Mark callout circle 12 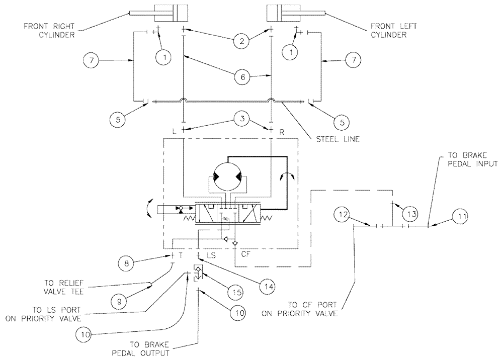coord(342,215)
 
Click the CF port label coord(246,254)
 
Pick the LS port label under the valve coord(211,255)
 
